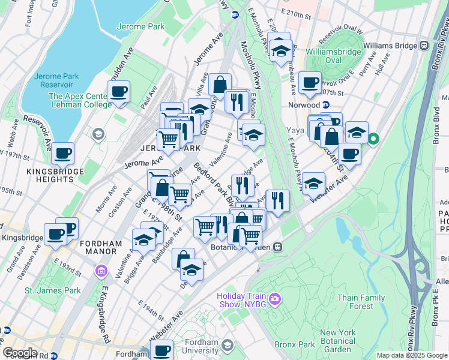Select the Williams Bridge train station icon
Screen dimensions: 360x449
point(424,45)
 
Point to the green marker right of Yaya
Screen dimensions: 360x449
point(373,140)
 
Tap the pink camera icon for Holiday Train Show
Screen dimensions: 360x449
point(275,298)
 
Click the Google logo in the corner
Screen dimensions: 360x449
point(20,353)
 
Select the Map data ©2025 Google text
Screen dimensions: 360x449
point(412,355)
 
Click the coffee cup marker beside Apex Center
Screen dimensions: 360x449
point(119,92)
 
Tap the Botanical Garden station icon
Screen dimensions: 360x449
point(278,247)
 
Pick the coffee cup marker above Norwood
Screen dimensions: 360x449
point(310,83)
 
